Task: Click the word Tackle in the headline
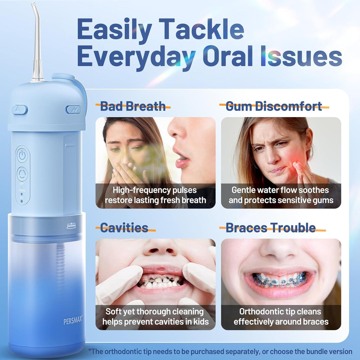click(x=204, y=30)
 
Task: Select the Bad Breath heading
click(x=133, y=106)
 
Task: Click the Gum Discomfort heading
click(x=274, y=106)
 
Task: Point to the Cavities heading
click(x=124, y=228)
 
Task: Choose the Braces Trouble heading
click(x=270, y=228)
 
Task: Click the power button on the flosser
click(x=22, y=155)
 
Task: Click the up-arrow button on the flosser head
click(x=19, y=110)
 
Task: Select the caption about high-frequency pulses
click(x=155, y=195)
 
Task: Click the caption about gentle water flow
click(x=281, y=195)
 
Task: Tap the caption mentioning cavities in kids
click(x=155, y=316)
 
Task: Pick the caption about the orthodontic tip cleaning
click(x=281, y=316)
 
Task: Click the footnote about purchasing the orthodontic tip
click(x=220, y=351)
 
